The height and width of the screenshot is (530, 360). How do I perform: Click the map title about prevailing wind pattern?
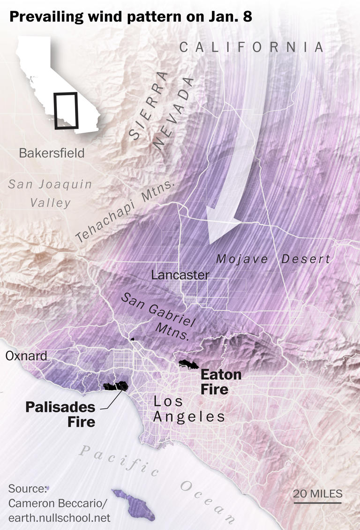[131, 17]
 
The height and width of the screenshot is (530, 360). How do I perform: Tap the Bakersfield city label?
[52, 153]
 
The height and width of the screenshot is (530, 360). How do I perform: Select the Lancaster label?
[180, 275]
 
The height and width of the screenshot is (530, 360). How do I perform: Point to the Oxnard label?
[26, 356]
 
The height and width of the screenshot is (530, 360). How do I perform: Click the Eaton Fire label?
[221, 382]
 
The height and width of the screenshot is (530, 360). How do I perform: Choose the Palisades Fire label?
[60, 414]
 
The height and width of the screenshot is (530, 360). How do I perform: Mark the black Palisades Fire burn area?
[116, 386]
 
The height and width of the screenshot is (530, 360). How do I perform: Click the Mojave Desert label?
[273, 259]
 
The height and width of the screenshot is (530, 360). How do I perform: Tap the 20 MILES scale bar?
[318, 503]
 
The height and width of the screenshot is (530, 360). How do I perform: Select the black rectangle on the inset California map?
[66, 111]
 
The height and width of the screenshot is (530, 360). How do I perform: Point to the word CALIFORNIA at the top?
[252, 47]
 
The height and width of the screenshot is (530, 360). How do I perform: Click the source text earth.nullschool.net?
[59, 518]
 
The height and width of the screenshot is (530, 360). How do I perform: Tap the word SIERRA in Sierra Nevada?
[148, 106]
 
